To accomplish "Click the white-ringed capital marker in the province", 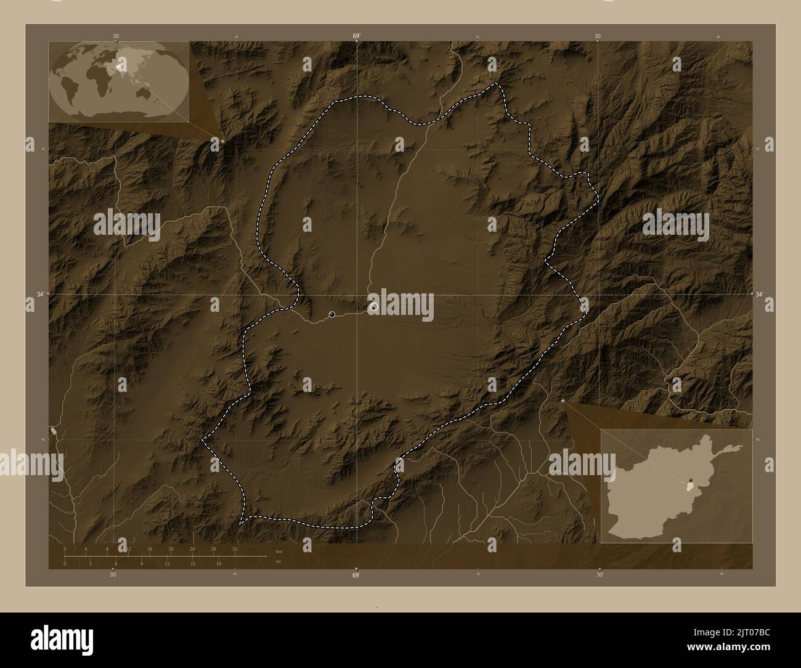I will pos(373,306).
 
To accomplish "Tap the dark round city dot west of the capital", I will pos(332,314).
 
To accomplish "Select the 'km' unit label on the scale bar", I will pos(279,552).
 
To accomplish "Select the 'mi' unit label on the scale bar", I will pos(279,561).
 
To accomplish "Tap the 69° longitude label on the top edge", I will pos(356,36).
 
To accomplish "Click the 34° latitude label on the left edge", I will pos(39,295).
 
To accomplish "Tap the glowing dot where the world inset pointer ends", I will pos(222,141).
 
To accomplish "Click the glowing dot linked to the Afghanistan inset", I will pos(564,401).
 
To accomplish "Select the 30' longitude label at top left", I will pos(116,36).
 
